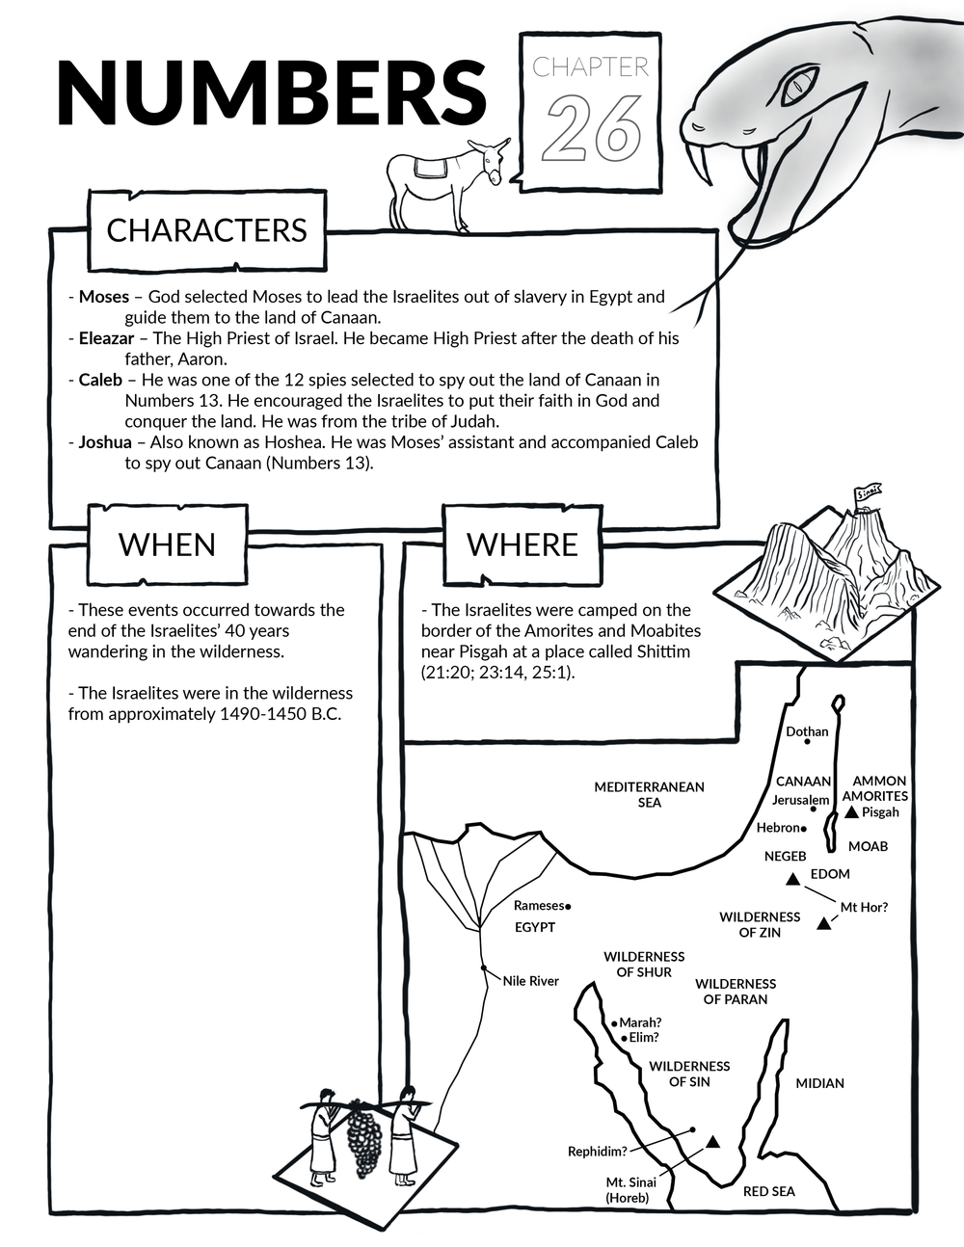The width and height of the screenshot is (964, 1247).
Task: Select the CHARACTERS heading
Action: (206, 230)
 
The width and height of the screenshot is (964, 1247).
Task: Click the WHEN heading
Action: (167, 544)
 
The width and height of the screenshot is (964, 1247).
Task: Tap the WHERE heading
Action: (522, 544)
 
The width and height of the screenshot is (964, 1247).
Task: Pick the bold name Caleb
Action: (100, 380)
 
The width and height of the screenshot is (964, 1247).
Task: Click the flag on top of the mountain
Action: (868, 494)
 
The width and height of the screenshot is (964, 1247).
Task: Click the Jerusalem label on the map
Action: (800, 800)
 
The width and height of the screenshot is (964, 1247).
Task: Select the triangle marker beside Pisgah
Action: (851, 812)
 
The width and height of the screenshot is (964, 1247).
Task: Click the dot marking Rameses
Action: (569, 907)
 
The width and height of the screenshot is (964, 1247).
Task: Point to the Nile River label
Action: (530, 981)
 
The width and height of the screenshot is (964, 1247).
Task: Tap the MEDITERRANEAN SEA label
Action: (649, 794)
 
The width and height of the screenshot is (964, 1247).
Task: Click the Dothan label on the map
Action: (807, 731)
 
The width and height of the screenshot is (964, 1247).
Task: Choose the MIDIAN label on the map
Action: (819, 1083)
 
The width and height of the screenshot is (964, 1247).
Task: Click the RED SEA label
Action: (768, 1191)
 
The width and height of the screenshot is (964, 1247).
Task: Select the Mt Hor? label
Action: (864, 907)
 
